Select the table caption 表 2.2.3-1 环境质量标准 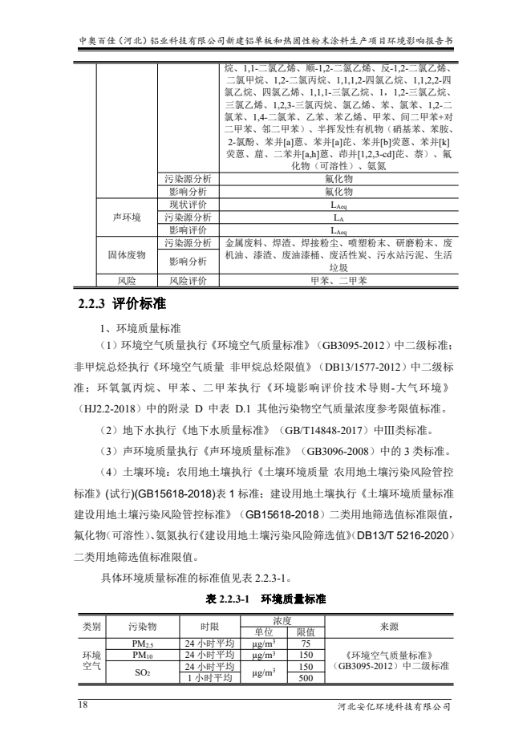(x=265, y=599)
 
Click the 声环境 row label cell (x=126, y=217)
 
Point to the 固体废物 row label (x=126, y=254)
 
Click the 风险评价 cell (x=187, y=281)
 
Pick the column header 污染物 (x=142, y=626)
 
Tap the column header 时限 (x=209, y=626)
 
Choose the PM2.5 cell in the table (x=142, y=644)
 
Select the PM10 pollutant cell (x=142, y=655)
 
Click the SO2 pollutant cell (x=142, y=672)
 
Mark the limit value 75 (x=305, y=644)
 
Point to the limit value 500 (x=305, y=678)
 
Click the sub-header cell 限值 (x=305, y=632)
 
